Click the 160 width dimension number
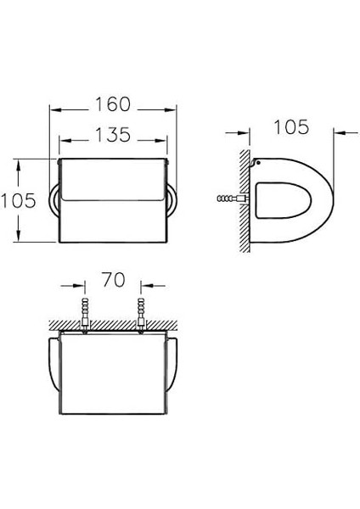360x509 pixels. [112, 104]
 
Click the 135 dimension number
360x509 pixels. [112, 135]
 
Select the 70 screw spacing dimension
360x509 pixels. [113, 280]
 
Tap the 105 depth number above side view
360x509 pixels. [291, 127]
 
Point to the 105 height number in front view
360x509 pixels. [19, 200]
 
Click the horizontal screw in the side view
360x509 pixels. [233, 199]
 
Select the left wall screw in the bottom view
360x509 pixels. [85, 315]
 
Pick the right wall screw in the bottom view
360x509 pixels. [141, 315]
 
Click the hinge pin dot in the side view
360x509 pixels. [258, 163]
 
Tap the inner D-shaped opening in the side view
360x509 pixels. [283, 200]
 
